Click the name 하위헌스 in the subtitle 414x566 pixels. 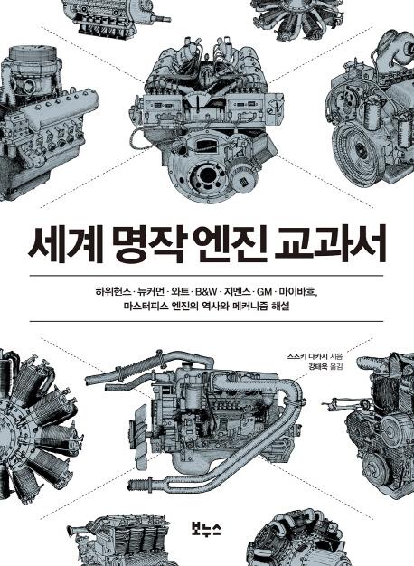[x=113, y=291]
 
